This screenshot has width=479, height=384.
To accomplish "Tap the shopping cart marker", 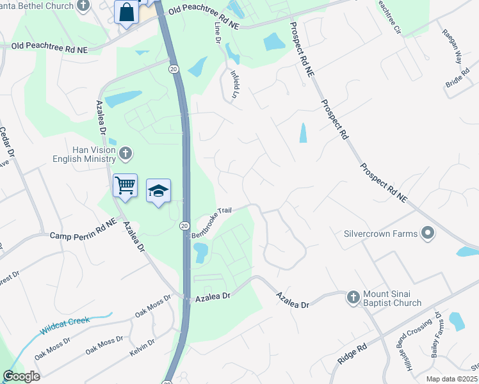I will (125, 186).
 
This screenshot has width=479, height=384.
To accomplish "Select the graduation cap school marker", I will (158, 191).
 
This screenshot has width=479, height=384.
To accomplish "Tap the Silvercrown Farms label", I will (382, 234).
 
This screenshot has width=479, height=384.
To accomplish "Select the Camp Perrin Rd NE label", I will (83, 236).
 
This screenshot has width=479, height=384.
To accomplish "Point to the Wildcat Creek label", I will (64, 326).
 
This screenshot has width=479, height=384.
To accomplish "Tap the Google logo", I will (22, 376).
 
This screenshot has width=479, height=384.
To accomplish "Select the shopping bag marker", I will (126, 12).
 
